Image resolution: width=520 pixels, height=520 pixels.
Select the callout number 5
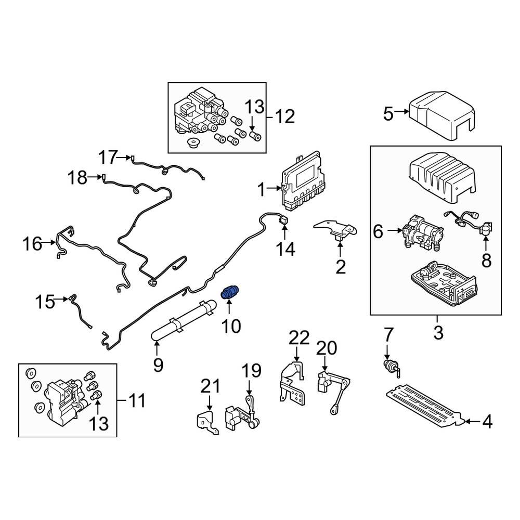click(388, 113)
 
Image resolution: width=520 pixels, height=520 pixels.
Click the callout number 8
click(486, 260)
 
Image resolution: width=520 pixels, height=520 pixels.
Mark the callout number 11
click(136, 401)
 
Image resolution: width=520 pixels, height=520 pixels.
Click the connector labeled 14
click(285, 221)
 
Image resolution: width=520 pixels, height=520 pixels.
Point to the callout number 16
click(33, 243)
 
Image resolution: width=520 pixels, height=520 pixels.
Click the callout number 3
click(438, 333)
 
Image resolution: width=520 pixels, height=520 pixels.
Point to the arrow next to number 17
click(125, 157)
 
